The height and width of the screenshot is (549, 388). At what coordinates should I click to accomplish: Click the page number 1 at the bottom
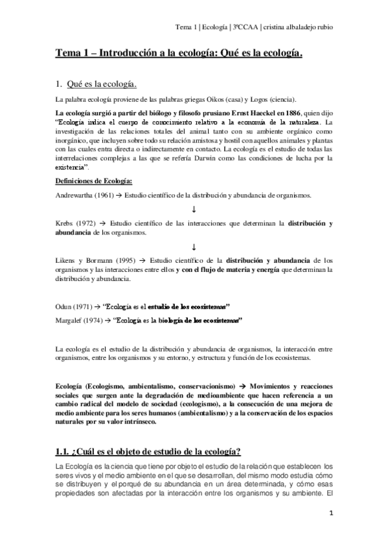pos(330,513)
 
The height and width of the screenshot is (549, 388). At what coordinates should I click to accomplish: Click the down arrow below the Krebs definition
pos(194,247)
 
